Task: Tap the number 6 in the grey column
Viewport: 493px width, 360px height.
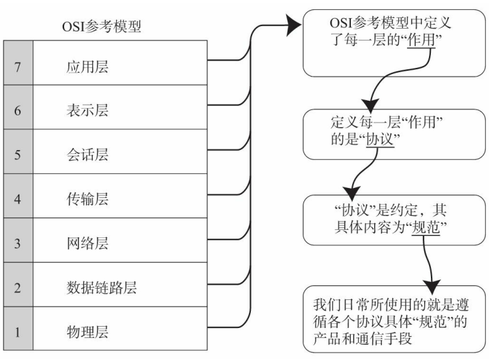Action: [18, 111]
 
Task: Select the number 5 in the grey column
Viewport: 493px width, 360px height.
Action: [18, 155]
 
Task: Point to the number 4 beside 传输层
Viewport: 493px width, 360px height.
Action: [18, 199]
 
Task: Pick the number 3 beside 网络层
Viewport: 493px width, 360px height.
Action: [18, 243]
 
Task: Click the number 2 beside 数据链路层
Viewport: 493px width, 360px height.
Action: [18, 287]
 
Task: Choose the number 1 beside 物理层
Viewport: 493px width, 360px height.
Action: [18, 331]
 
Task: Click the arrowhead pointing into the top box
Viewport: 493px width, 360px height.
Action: [294, 27]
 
